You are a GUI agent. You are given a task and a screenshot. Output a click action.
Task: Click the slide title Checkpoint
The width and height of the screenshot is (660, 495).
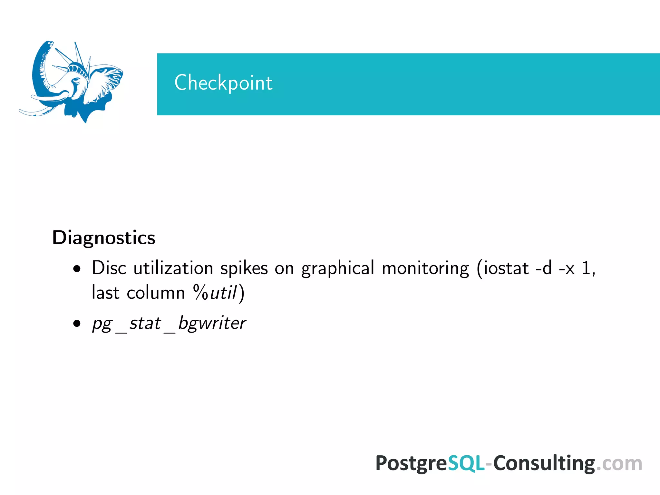click(223, 83)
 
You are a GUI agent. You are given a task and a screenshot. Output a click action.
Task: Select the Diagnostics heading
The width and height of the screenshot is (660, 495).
click(104, 238)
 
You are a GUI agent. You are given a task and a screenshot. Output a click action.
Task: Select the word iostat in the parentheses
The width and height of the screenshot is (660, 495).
click(506, 268)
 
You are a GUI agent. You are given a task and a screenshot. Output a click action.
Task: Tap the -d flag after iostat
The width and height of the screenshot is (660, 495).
click(544, 268)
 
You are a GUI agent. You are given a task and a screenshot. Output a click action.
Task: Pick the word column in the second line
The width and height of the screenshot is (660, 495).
click(156, 293)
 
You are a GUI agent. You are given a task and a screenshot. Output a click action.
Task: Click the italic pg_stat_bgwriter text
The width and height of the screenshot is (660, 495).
click(169, 323)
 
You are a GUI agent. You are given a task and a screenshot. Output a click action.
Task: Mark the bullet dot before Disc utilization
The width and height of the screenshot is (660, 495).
click(77, 269)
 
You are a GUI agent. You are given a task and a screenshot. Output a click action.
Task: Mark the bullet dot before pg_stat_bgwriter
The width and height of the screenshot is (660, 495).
click(77, 323)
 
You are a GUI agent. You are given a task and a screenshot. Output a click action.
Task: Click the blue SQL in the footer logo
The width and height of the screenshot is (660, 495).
click(466, 463)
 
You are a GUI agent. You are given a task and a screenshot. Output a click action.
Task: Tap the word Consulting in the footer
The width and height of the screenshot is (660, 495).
click(544, 463)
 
